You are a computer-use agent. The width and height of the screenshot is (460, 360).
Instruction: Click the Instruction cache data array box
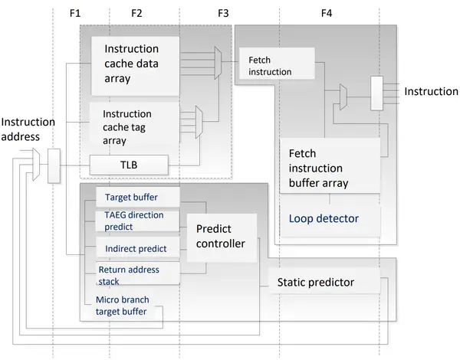click(136, 64)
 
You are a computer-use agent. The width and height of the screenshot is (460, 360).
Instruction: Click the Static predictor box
click(322, 283)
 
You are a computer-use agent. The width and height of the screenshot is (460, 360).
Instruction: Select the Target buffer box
click(136, 198)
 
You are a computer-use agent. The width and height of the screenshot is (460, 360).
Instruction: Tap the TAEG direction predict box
click(136, 221)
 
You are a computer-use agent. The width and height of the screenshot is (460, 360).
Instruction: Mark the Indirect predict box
click(136, 249)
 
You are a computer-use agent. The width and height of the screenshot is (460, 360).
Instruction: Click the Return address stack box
click(136, 274)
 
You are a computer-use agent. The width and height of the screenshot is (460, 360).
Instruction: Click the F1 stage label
click(74, 14)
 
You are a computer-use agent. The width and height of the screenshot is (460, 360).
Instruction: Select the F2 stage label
click(137, 14)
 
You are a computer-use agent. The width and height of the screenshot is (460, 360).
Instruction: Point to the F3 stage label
click(224, 14)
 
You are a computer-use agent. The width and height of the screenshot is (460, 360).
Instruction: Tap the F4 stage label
click(327, 14)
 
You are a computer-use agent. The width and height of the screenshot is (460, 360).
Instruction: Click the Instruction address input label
click(28, 129)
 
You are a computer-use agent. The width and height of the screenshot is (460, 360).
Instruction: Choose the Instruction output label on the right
click(431, 92)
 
